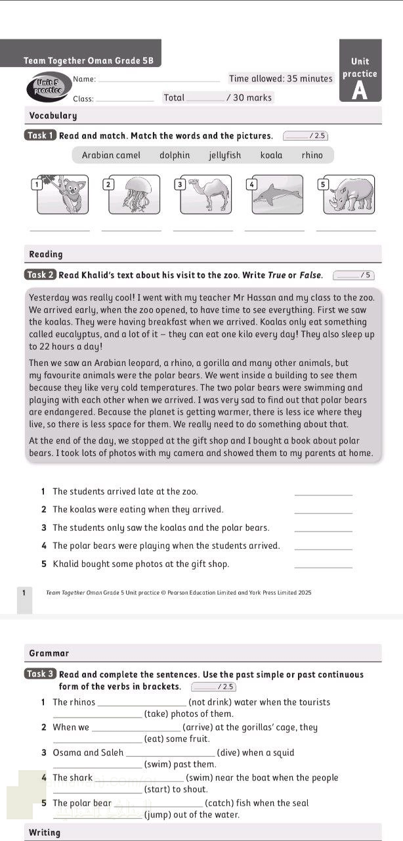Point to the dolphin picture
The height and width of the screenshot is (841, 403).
point(278,194)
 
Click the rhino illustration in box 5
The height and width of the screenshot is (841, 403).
point(350,194)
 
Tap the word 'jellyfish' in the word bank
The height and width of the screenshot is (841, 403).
point(224,156)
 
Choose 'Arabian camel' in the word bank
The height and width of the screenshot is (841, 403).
point(111,156)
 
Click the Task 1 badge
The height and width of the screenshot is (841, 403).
point(40,136)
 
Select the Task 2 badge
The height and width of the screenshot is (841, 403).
point(40,275)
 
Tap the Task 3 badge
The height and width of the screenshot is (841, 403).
point(40,674)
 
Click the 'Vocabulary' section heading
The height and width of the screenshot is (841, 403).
point(53,116)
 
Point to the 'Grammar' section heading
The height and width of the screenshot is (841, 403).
point(49,653)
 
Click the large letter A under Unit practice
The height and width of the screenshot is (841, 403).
point(360,91)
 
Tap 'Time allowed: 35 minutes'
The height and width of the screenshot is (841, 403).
point(280,79)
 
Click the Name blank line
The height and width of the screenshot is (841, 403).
point(158,80)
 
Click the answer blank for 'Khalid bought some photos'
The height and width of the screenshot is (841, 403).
point(323,564)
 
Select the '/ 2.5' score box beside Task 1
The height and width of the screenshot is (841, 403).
point(305,136)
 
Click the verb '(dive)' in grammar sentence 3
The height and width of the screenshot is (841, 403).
point(228,753)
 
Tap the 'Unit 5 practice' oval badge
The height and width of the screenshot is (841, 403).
point(49,86)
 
